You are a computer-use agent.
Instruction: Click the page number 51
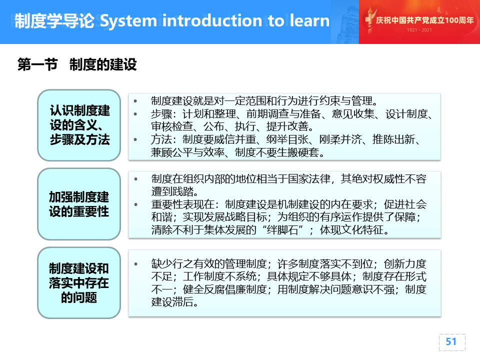[451, 341]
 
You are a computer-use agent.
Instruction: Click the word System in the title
[128, 21]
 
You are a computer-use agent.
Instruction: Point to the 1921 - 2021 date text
[419, 30]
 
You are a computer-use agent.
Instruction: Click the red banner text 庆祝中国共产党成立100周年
[424, 20]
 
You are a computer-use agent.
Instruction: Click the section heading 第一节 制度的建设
[77, 64]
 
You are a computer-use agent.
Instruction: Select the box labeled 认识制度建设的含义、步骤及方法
[79, 125]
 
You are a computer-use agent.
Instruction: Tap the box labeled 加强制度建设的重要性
[79, 204]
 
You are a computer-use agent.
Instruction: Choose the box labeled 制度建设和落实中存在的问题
[79, 283]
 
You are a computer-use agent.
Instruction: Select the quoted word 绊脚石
[282, 229]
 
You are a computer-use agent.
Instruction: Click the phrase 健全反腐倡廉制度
[225, 289]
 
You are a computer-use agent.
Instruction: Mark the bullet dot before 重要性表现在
[135, 204]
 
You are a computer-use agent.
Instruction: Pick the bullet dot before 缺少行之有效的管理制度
[135, 264]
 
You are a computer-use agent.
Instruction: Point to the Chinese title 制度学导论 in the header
[54, 21]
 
